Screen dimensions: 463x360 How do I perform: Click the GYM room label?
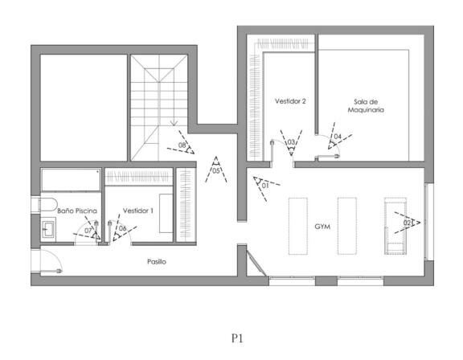pos(322,227)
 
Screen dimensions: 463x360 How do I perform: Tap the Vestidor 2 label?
pos(290,101)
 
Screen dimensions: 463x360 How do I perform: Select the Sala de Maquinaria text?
pos(366,106)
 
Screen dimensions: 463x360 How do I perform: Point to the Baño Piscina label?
pos(77,211)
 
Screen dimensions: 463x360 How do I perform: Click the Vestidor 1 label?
pos(138,211)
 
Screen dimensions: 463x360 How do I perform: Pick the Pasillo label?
pos(157,262)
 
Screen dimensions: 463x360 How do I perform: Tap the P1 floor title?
pos(237,338)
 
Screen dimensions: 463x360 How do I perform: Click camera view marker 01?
pos(266,186)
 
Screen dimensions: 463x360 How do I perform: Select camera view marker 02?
pos(408,223)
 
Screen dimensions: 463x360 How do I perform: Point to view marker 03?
pos(291,143)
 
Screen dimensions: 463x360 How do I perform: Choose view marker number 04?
pos(338,137)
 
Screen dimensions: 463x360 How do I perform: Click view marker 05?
pos(216,170)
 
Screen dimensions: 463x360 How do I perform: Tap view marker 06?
pos(122,228)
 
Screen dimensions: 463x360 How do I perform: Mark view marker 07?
pos(88,230)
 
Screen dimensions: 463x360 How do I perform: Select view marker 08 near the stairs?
pos(182,145)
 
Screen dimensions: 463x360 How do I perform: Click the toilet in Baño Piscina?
pos(48,204)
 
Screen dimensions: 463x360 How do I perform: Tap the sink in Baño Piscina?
pos(48,227)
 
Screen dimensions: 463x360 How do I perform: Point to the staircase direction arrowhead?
pos(174,123)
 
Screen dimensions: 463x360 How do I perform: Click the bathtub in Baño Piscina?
pos(71,180)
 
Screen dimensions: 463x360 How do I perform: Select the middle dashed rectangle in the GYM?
pos(347,226)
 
